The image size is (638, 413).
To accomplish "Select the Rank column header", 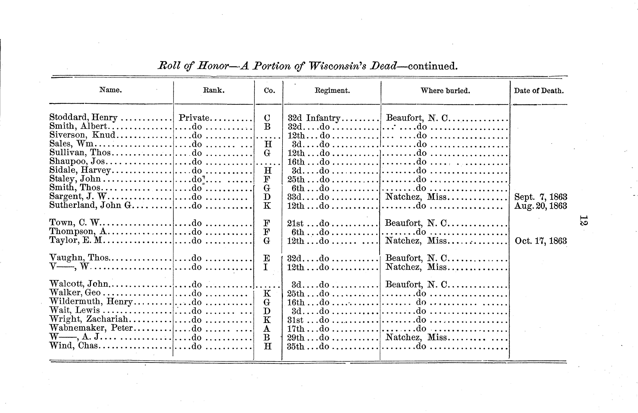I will coord(214,90).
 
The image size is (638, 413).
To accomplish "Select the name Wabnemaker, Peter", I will coord(91,328).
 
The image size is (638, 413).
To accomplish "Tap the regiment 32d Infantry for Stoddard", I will coord(314,118).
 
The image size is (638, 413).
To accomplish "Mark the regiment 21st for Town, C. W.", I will coord(295,223).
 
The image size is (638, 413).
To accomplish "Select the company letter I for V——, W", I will coord(266,267).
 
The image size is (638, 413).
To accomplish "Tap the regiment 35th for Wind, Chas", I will coord(295,346).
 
